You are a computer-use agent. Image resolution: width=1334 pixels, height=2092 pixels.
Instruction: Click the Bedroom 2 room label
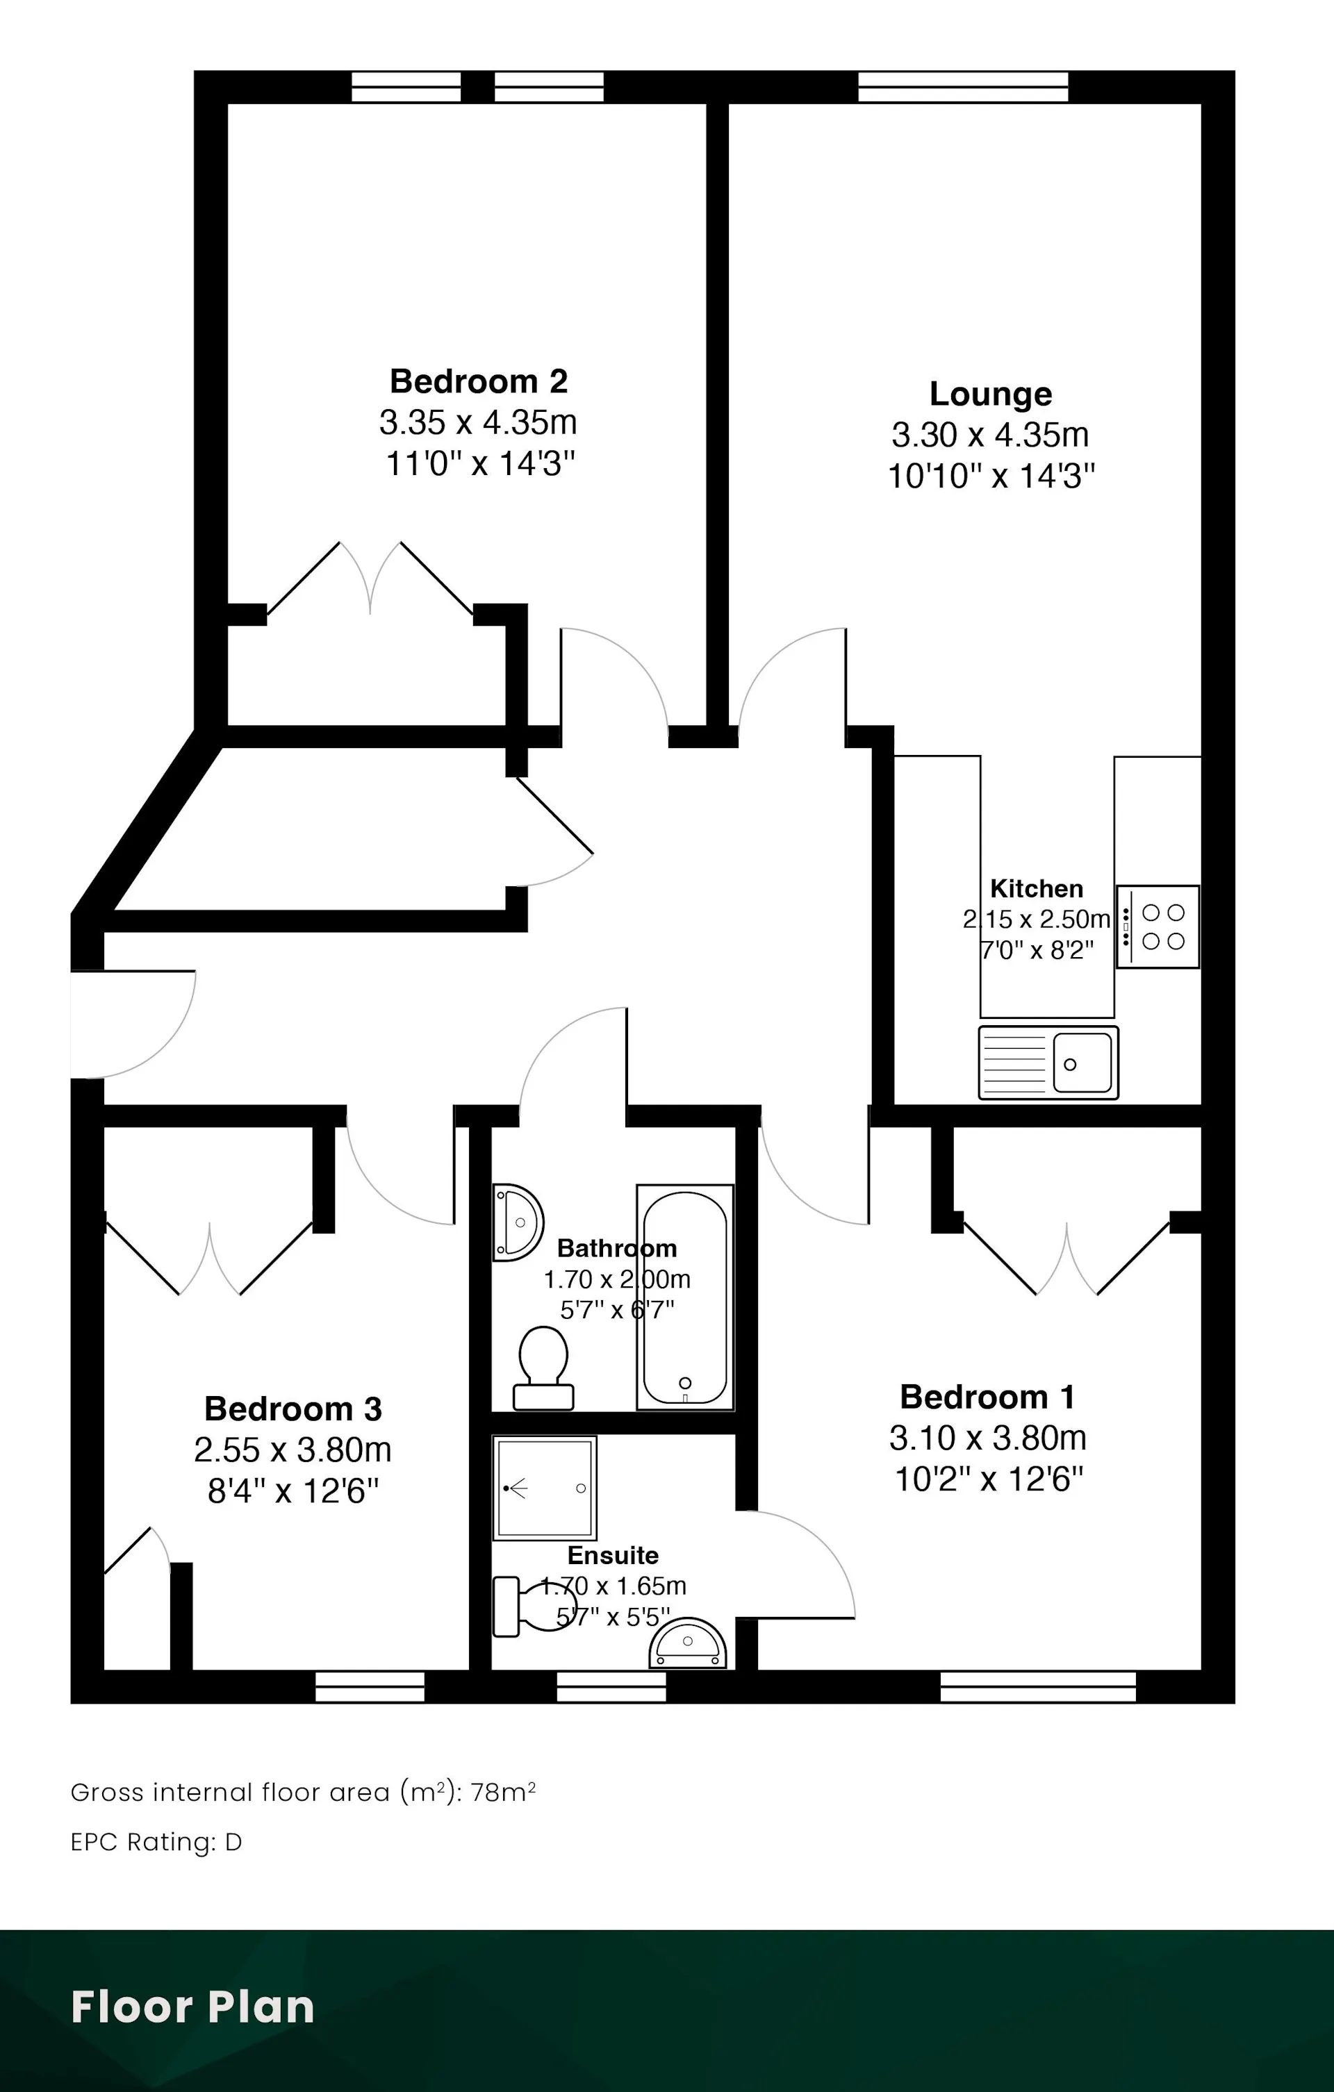[479, 381]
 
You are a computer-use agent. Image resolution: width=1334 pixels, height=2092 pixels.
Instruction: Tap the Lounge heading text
[991, 395]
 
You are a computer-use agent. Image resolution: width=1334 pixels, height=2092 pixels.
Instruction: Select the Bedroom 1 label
[988, 1397]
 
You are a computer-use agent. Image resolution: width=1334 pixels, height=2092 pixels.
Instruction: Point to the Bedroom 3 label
[293, 1409]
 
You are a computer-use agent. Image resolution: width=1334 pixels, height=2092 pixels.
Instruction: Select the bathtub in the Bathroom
[685, 1298]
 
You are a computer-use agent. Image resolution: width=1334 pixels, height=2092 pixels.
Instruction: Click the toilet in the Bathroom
[543, 1368]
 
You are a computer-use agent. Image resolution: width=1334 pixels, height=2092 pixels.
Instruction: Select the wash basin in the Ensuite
[687, 1643]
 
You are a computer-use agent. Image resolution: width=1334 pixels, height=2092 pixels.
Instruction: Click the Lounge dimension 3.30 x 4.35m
[990, 434]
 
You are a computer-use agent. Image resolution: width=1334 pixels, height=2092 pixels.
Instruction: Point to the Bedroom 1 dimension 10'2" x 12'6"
[989, 1479]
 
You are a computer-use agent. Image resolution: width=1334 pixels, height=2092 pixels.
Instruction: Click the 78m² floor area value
[503, 1791]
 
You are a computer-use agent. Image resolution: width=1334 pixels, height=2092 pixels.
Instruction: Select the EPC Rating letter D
[233, 1842]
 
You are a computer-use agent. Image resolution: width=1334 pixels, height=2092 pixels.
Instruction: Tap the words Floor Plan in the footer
[193, 2007]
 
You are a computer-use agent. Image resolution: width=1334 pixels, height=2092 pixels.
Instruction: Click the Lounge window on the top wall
[963, 87]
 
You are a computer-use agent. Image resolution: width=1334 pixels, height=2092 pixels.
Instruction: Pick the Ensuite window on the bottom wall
[611, 1687]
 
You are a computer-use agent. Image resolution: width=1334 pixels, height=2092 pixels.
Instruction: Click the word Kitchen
[1037, 889]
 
